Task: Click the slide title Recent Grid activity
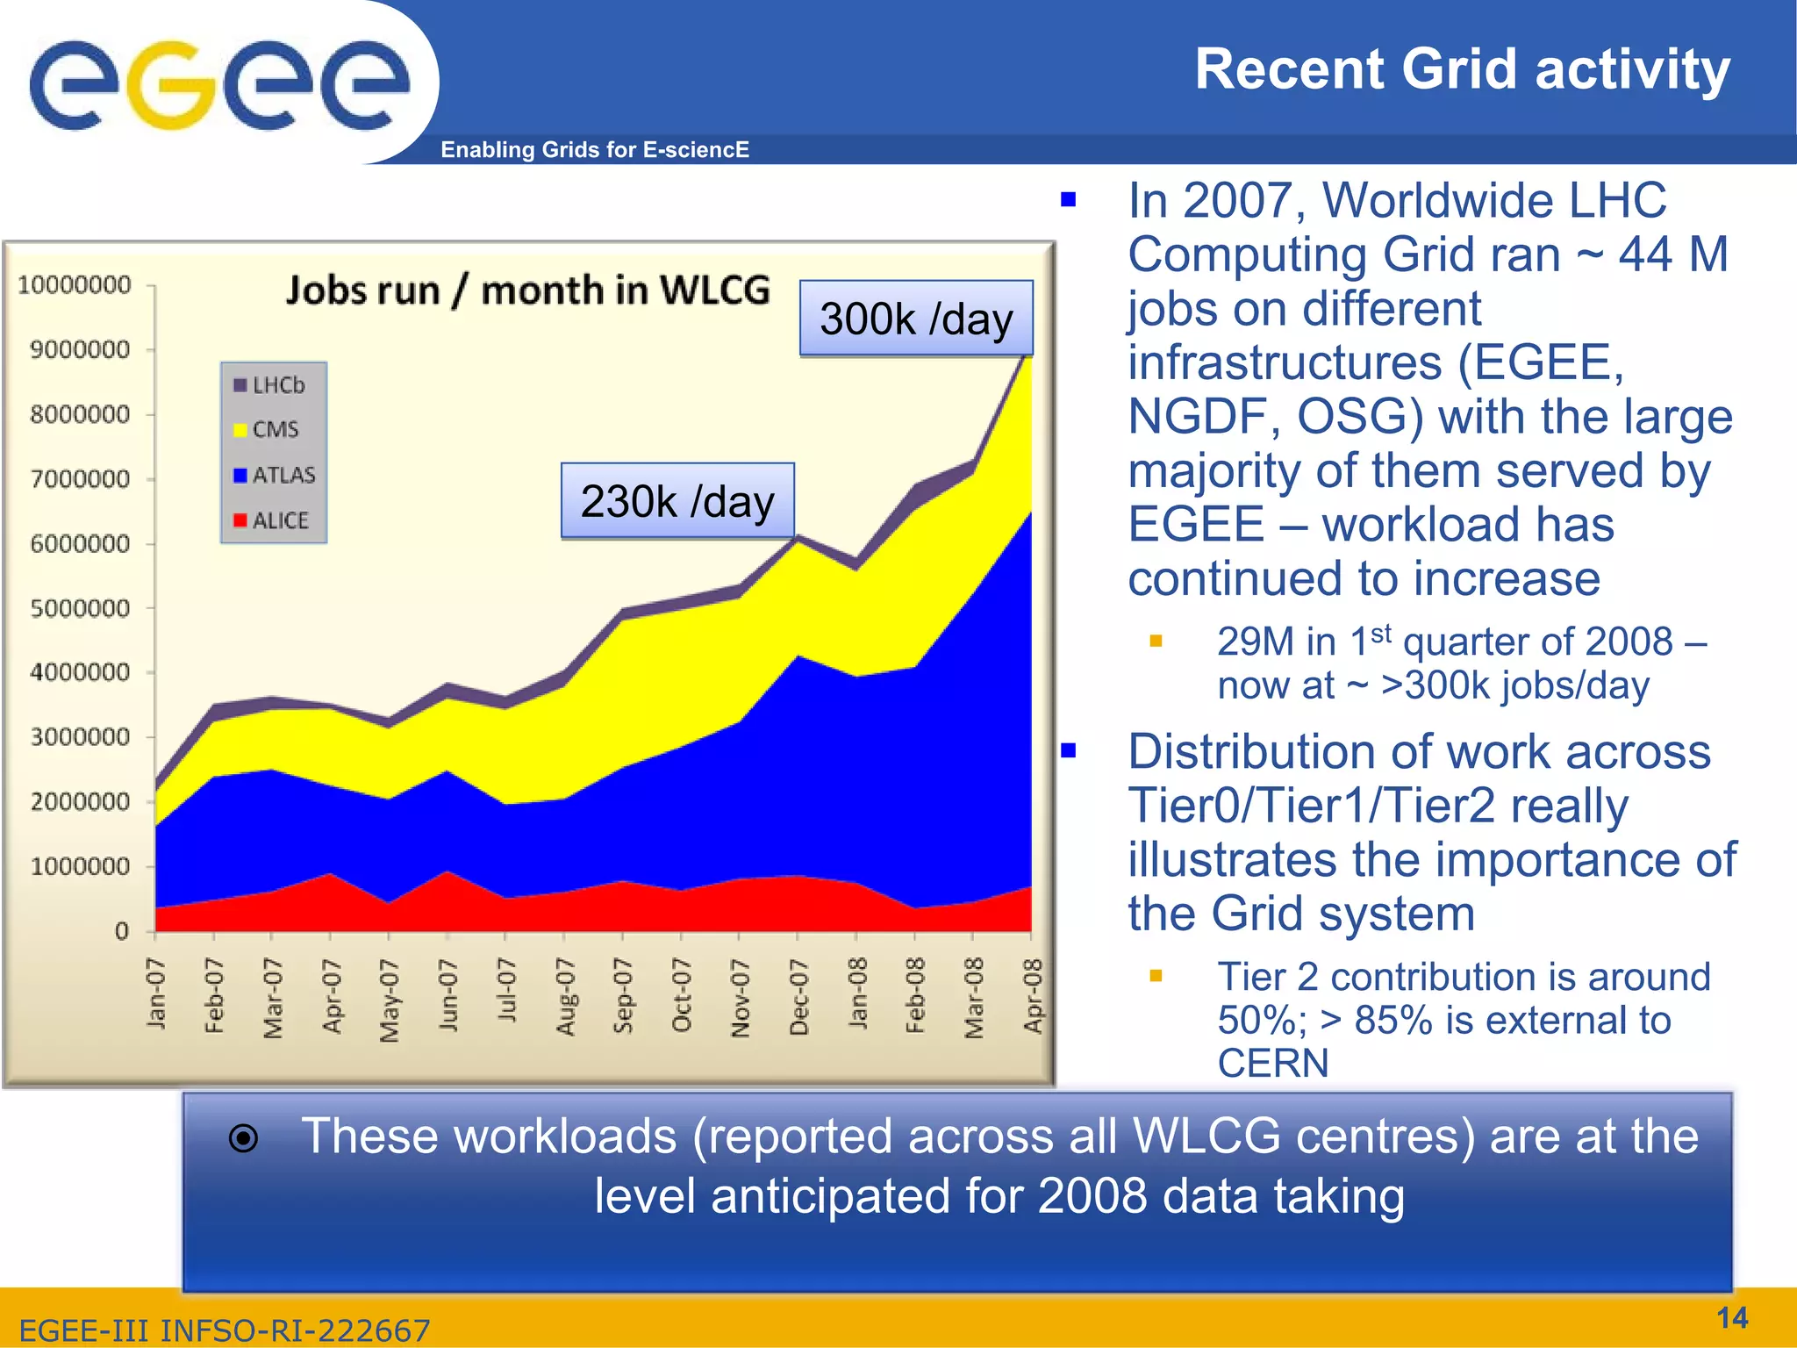click(1462, 69)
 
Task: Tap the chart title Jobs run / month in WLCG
click(528, 290)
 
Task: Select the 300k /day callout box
click(916, 319)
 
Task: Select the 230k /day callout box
click(677, 501)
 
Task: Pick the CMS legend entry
click(267, 430)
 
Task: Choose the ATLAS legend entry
click(275, 475)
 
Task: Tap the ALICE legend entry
click(272, 520)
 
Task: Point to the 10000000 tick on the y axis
click(75, 285)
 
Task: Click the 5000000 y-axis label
click(80, 608)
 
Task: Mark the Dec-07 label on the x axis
click(798, 997)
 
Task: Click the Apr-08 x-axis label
click(1033, 996)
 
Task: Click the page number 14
click(1731, 1317)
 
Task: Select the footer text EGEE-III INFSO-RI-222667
click(225, 1330)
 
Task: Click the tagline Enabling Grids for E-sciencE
click(595, 150)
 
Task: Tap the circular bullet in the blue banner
click(243, 1138)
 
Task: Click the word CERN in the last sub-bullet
click(1272, 1064)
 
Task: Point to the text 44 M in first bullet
click(1672, 255)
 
